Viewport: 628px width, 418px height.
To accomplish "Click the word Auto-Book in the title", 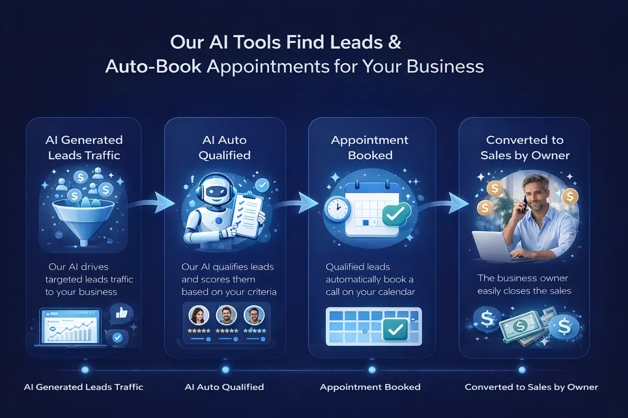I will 152,67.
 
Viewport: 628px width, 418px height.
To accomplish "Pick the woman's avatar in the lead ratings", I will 198,315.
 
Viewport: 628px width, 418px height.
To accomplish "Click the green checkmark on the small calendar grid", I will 396,330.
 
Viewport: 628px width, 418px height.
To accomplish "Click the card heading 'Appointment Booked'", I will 370,147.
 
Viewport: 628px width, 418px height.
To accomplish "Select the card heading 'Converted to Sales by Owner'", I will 524,147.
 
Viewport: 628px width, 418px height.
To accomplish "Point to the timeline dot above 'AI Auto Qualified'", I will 226,369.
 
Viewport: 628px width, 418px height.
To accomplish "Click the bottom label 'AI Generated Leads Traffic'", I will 84,387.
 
